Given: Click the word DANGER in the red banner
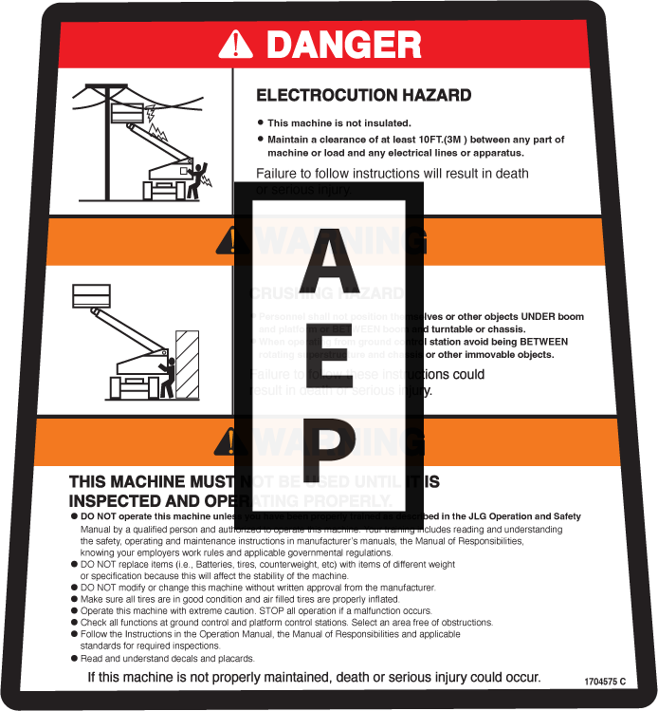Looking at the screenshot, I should pyautogui.click(x=343, y=44).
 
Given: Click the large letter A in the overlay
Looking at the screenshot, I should pyautogui.click(x=322, y=259).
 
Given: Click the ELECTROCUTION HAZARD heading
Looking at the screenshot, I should pyautogui.click(x=363, y=95).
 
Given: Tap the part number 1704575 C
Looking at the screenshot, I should pyautogui.click(x=606, y=682).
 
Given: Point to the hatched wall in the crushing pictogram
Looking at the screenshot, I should pyautogui.click(x=186, y=364).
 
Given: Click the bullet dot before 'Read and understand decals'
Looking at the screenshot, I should pyautogui.click(x=75, y=658).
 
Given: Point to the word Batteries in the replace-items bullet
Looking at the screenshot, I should pyautogui.click(x=193, y=564).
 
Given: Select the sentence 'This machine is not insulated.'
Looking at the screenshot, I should pyautogui.click(x=338, y=123).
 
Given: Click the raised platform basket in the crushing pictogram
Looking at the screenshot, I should pyautogui.click(x=92, y=295).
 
